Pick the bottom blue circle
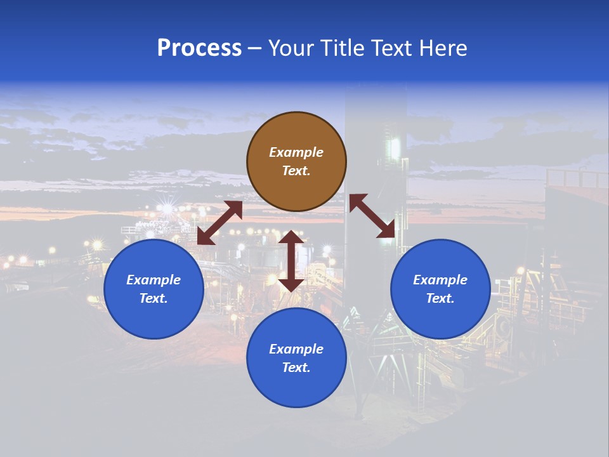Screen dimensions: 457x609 coord(296,387)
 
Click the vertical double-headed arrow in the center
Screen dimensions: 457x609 coord(291,261)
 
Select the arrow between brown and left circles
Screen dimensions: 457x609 coord(220,223)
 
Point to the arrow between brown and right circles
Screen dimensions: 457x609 coord(372,216)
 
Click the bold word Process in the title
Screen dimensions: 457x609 coord(199,48)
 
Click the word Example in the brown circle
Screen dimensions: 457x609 coord(296,152)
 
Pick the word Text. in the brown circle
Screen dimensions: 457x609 coord(296,171)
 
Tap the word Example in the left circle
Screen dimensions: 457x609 coord(154,280)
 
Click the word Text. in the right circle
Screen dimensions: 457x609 coord(440,298)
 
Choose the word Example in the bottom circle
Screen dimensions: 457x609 coord(296,349)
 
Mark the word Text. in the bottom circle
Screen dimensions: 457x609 coord(296,368)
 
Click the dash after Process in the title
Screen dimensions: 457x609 coord(254,48)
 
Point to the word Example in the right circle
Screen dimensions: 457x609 coord(440,280)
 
